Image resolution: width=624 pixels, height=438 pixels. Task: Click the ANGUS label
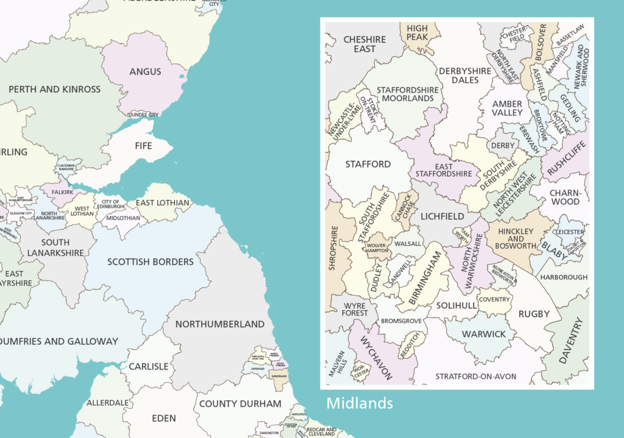click(x=145, y=72)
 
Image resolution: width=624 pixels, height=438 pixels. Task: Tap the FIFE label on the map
click(x=144, y=147)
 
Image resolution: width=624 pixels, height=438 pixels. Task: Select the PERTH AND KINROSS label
click(x=55, y=90)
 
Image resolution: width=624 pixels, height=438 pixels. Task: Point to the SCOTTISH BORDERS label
click(x=151, y=262)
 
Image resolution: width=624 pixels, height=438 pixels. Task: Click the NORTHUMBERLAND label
click(x=220, y=324)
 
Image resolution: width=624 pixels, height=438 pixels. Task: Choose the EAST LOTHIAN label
click(x=163, y=203)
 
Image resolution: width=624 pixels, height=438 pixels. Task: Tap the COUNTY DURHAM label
click(x=240, y=403)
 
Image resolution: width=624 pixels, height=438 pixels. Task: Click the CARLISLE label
click(x=148, y=367)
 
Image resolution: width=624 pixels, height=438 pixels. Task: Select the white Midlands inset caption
click(x=360, y=403)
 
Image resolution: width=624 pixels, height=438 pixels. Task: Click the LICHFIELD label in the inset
click(x=441, y=216)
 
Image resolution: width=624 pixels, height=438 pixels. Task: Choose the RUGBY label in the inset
click(x=534, y=314)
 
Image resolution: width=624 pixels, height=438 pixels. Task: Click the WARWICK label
click(x=484, y=334)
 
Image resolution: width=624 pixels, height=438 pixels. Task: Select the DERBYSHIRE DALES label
click(x=464, y=76)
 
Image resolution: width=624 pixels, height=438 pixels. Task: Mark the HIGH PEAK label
click(x=417, y=33)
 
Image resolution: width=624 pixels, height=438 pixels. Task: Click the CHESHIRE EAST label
click(x=364, y=44)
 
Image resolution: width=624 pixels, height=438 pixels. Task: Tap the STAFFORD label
click(x=367, y=164)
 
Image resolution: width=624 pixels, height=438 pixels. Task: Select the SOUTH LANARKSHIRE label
click(x=55, y=247)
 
